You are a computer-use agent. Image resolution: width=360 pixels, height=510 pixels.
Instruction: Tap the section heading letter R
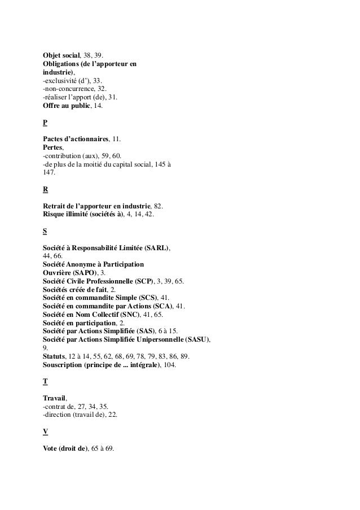pos(45,190)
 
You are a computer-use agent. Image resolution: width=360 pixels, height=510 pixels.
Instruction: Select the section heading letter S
pos(45,231)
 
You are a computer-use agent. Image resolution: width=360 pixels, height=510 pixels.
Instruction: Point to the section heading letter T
pos(45,381)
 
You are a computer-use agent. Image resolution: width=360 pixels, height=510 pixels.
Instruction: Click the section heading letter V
pos(45,431)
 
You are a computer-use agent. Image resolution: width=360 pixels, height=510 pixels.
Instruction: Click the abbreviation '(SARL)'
pos(157,248)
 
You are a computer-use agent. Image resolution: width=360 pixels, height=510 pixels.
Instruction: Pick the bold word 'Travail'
pos(55,398)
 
